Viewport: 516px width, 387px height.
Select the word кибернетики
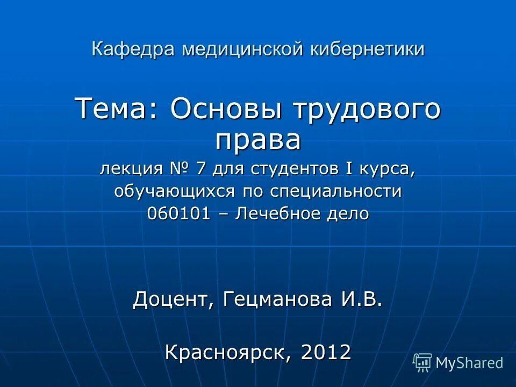coord(369,49)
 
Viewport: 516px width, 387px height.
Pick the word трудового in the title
coord(366,110)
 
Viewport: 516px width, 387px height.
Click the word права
coord(258,141)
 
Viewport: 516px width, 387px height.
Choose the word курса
coord(391,170)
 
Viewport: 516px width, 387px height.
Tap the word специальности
coord(335,192)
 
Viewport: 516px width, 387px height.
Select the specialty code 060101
coord(178,214)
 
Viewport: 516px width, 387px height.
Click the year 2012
coord(326,352)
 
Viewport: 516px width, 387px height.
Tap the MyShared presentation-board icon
coord(422,363)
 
